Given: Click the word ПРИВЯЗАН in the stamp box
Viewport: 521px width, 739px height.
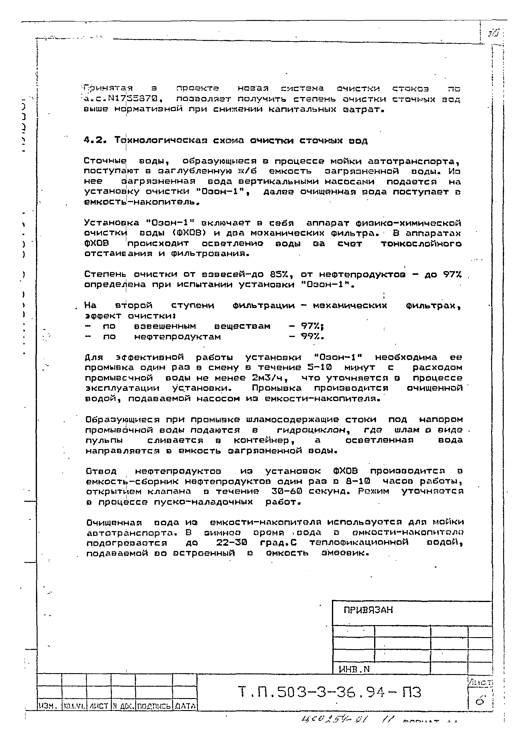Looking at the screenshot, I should pyautogui.click(x=368, y=610).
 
